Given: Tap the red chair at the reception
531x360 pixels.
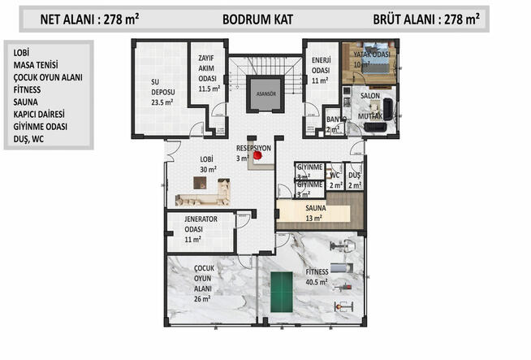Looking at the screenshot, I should click(x=257, y=154).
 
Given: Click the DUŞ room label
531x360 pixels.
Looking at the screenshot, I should click(x=354, y=180).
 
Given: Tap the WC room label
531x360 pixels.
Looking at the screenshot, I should click(x=334, y=180).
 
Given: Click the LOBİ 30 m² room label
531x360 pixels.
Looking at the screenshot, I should click(x=208, y=164).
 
